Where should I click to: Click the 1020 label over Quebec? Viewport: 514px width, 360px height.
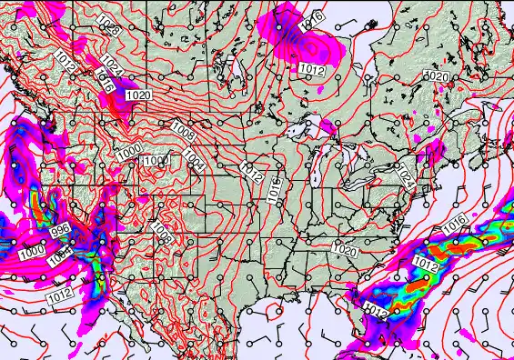pos(437,76)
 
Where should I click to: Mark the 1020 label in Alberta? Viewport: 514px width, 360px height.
pos(138,95)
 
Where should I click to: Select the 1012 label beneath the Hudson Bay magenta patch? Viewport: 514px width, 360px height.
pos(312,69)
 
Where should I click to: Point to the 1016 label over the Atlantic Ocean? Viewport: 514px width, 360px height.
pos(455,222)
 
